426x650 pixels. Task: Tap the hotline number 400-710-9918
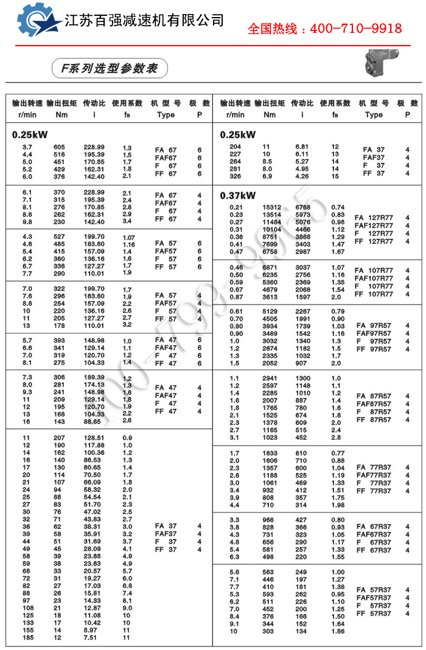[325, 29]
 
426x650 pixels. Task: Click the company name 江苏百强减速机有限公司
[145, 19]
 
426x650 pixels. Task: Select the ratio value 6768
[302, 207]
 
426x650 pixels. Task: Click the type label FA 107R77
[374, 271]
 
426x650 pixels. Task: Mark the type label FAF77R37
[374, 475]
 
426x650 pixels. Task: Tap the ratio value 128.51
[94, 438]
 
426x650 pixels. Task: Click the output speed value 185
[27, 638]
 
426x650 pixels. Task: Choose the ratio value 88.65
[94, 421]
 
